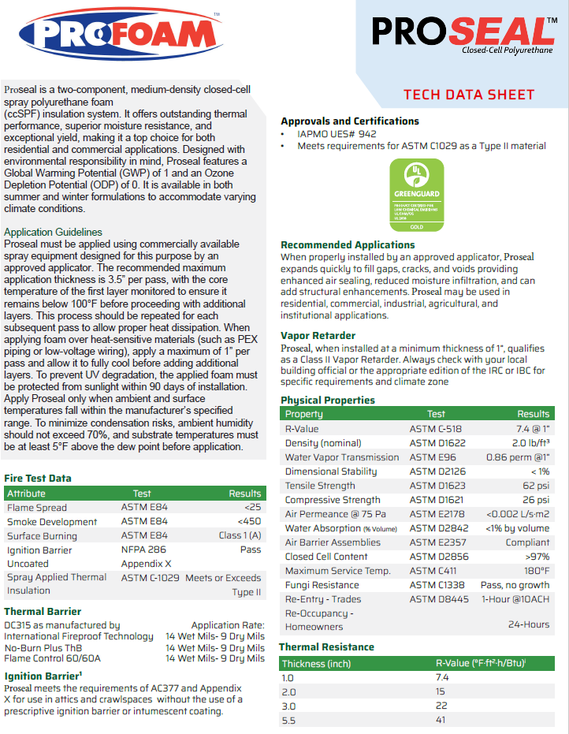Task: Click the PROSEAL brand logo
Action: (x=463, y=32)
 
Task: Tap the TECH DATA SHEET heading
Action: (x=469, y=95)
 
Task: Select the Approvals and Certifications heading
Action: (x=350, y=121)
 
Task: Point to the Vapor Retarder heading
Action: (x=318, y=335)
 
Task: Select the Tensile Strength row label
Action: (x=320, y=486)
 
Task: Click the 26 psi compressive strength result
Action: (x=535, y=500)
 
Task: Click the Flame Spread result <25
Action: (x=252, y=508)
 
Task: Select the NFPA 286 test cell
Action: (x=142, y=550)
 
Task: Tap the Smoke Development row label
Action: (x=52, y=522)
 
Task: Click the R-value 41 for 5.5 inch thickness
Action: (x=441, y=720)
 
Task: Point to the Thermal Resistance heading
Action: (x=326, y=647)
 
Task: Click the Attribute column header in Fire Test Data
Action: (x=27, y=494)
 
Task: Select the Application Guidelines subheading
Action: (x=53, y=232)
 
